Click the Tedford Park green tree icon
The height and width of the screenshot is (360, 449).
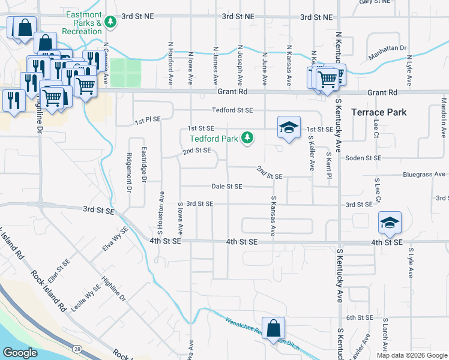tap(247, 139)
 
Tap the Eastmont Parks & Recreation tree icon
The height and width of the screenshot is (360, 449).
tap(110, 22)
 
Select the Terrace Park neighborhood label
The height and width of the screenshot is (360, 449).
tap(379, 112)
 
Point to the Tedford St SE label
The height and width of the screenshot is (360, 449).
tap(232, 110)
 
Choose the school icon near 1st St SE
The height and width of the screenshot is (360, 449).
tap(288, 127)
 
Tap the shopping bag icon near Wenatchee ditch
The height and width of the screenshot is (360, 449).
tap(273, 328)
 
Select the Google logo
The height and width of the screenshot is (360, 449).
tap(20, 353)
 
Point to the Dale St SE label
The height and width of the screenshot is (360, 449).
tap(227, 187)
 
